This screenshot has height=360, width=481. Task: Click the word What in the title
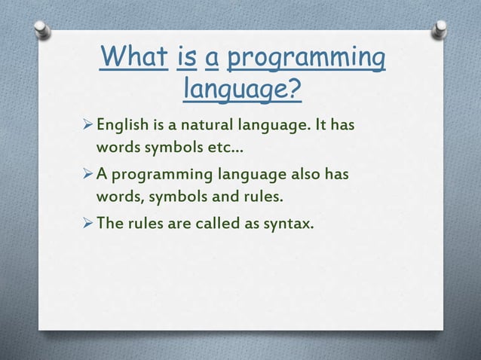tap(133, 58)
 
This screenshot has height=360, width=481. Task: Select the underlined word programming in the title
tap(306, 58)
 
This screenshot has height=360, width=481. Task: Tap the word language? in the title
tap(242, 90)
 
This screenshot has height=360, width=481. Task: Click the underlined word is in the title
tap(186, 58)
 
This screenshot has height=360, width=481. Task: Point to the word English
tap(121, 124)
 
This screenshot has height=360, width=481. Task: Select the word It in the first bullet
tap(319, 124)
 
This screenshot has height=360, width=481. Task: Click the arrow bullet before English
tap(85, 124)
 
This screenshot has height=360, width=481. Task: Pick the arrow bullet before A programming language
tap(85, 175)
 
